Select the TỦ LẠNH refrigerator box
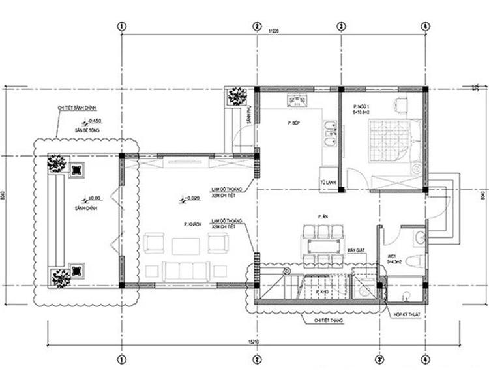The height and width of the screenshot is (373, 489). pos(327,182)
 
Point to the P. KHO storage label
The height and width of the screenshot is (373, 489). pos(321,293)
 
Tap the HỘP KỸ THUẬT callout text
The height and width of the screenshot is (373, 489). pos(404,315)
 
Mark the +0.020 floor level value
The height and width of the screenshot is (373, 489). pos(192,198)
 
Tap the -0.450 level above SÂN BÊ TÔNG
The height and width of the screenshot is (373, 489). pos(95,121)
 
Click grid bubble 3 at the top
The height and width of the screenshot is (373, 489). pos(340,26)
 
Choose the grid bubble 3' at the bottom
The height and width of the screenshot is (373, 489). pos(379,359)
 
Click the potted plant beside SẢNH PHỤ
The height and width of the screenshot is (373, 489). pos(235,96)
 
